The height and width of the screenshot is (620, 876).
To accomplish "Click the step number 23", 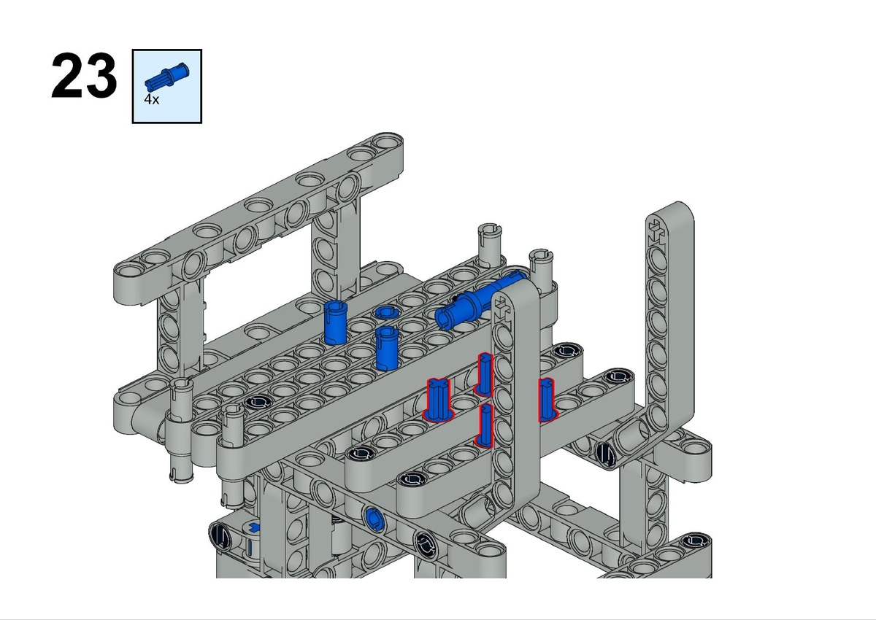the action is click(84, 75).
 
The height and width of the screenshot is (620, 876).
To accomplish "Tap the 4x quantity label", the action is click(151, 99).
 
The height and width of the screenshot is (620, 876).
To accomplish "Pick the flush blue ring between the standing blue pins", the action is click(386, 312).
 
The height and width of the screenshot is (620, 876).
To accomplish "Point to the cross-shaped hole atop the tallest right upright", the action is click(656, 230).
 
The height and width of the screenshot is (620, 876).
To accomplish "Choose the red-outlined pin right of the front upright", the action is click(547, 400).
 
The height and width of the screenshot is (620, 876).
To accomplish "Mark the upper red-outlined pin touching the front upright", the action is click(484, 374).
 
